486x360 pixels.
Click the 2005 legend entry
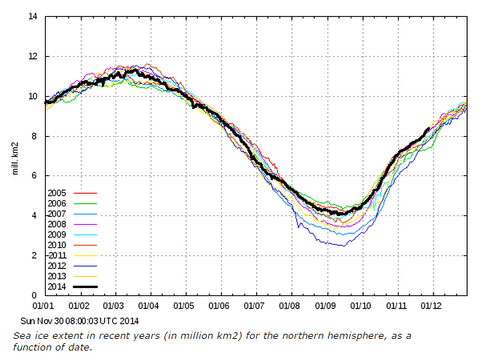pos(57,193)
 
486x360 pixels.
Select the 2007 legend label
pos(57,214)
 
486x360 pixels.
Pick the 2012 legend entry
pos(57,266)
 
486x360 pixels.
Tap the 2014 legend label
pos(57,287)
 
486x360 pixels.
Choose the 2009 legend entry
pos(57,235)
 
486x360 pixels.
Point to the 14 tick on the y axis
pos(33,16)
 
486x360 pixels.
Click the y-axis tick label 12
pos(33,56)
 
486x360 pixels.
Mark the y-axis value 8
pos(35,136)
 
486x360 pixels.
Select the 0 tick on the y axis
pos(35,295)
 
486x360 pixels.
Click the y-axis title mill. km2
pos(16,156)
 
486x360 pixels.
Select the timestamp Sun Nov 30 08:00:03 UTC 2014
pos(79,320)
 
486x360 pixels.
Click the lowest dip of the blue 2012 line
pos(343,246)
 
